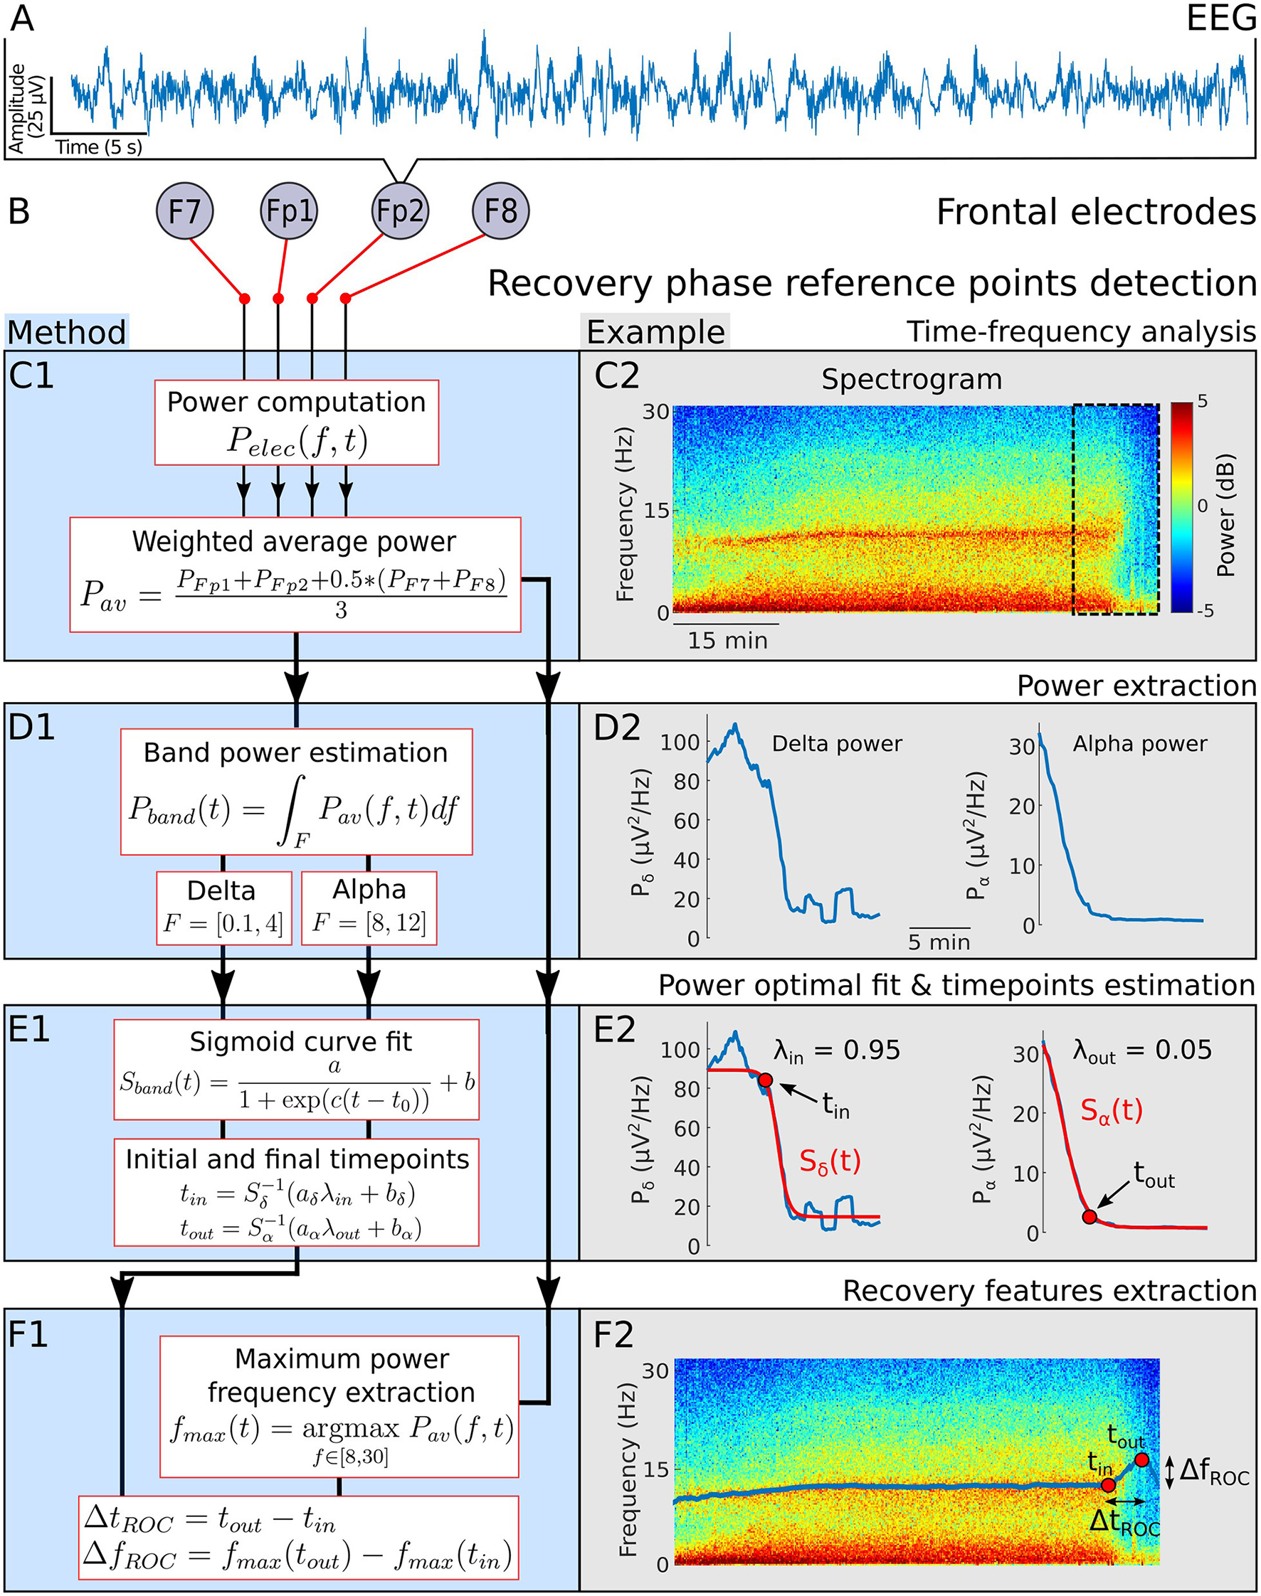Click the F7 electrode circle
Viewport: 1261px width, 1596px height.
[184, 211]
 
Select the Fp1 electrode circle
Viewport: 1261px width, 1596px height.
[289, 211]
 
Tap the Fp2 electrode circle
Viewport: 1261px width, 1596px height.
[399, 211]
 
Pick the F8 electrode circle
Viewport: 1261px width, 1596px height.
[500, 211]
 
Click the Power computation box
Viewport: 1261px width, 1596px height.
[296, 422]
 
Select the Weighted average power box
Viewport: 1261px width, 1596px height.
[295, 574]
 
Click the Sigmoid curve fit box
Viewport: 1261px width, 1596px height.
[296, 1068]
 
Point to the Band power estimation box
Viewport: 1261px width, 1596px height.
[296, 791]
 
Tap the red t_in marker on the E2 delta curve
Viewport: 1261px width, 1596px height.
[766, 1080]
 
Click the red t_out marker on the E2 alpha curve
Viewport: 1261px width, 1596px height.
[1089, 1217]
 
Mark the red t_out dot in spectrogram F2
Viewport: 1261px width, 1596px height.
[1142, 1459]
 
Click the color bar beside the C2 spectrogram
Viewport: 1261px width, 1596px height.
[1181, 507]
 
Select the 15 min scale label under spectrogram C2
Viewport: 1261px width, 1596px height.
[728, 641]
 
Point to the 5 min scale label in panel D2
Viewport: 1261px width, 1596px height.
[939, 942]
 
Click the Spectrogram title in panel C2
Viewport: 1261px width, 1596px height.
[912, 379]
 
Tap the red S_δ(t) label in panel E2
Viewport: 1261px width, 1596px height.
[830, 1161]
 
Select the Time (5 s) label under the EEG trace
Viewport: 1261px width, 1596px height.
[99, 147]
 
